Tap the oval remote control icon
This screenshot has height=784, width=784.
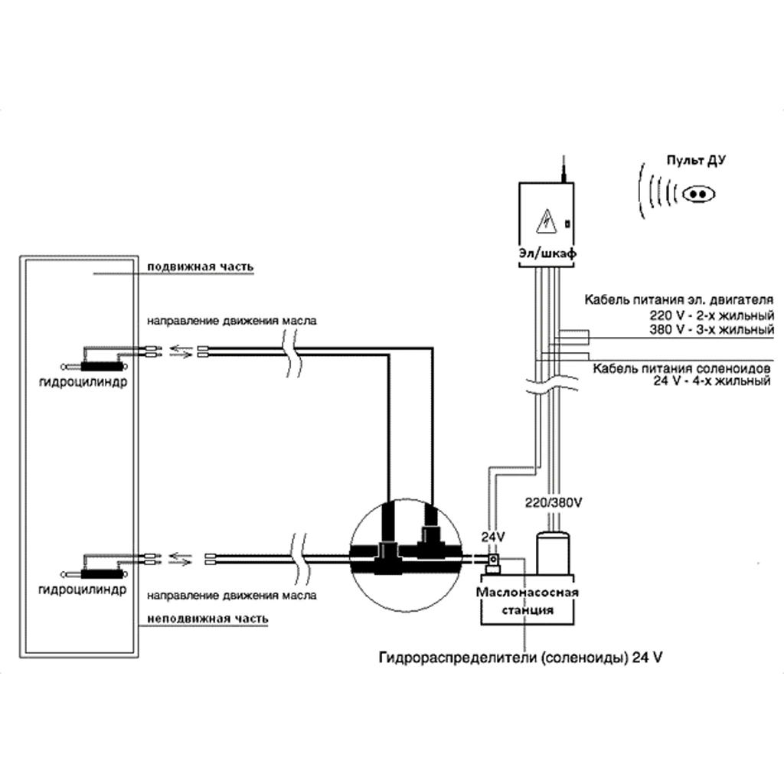pyautogui.click(x=697, y=193)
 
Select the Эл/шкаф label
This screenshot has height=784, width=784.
pyautogui.click(x=547, y=253)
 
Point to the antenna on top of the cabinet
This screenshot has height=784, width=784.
pyautogui.click(x=562, y=167)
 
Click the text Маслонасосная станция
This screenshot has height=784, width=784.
pyautogui.click(x=528, y=601)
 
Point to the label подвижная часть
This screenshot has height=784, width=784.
pyautogui.click(x=200, y=266)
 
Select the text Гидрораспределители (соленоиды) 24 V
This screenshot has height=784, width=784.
pyautogui.click(x=518, y=658)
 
